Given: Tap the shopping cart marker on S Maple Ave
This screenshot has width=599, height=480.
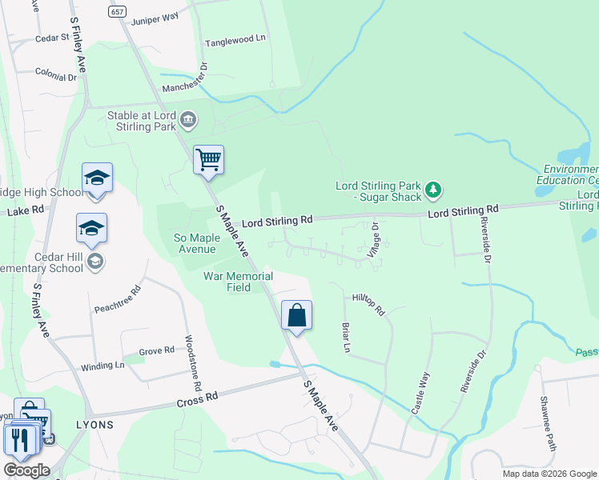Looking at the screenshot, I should coord(208,159).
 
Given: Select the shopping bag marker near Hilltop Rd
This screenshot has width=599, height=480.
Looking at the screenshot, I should coord(296,315).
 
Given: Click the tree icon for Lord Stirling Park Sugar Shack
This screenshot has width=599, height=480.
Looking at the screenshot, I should coord(433,190).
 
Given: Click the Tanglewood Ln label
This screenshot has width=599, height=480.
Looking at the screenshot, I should coord(235,39).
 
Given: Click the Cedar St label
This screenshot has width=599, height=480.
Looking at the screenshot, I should coord(53,38).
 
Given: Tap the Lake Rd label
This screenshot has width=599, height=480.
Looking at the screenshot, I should coord(23,211).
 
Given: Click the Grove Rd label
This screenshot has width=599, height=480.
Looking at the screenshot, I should coord(156,350).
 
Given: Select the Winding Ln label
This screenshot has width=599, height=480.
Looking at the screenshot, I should coord(103,366).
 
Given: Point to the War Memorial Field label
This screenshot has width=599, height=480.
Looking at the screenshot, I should coord(238,282).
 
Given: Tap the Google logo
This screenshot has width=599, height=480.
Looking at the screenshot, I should coord(26,470).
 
